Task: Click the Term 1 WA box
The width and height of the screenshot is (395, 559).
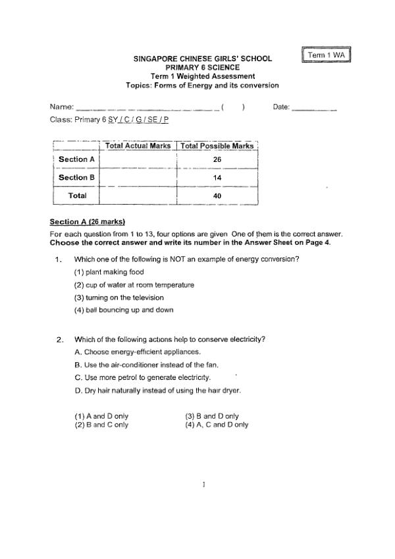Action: coord(327,55)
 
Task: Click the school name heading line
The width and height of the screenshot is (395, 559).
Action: coord(202,59)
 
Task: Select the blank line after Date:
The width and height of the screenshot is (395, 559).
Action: coord(314,107)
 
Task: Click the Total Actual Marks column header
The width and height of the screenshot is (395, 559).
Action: coord(138,146)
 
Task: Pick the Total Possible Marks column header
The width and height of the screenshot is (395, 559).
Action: coord(217,146)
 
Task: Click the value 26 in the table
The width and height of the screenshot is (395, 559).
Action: coord(217,159)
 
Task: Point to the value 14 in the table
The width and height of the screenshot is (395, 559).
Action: coord(217,178)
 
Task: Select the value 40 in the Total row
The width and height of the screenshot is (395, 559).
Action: coord(217,196)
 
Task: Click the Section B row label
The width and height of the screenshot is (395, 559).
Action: coord(76,178)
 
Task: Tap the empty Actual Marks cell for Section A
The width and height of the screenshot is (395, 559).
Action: coord(138,159)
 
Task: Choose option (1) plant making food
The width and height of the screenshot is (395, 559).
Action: coord(109,272)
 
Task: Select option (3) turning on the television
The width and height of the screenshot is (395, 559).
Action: coord(118,298)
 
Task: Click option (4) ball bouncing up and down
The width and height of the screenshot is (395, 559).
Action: coord(124,310)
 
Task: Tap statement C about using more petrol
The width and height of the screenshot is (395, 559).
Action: coord(143,377)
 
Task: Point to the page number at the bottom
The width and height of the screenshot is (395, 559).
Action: coord(204,485)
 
